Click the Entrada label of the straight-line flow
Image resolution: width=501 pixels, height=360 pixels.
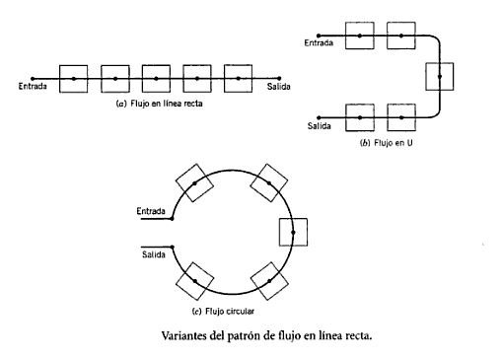pos(33,86)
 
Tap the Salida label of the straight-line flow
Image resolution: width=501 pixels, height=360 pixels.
pos(278,87)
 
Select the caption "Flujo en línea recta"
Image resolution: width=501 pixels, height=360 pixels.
pos(167,104)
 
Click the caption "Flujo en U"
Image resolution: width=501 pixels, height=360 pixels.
pos(394,143)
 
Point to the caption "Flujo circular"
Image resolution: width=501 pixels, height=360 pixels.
pos(230,311)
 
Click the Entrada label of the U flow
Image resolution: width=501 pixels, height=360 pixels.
pos(319,42)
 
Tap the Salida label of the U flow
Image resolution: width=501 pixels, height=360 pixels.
pos(319,126)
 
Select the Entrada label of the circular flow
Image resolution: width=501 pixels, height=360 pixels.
pos(151,211)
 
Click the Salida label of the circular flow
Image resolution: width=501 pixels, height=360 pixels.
pos(154,254)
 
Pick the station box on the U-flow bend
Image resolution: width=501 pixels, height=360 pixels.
pos(440,77)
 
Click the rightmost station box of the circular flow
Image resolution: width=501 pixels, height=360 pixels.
pos(293,232)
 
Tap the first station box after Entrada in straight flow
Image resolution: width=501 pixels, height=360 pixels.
pos(74,79)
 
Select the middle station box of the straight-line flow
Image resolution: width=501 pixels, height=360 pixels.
pos(156,79)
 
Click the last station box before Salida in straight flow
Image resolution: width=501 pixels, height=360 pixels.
pos(239,79)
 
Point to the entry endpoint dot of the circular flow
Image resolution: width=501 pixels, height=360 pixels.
pos(172,219)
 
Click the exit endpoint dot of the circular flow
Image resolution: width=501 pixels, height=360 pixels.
pos(173,247)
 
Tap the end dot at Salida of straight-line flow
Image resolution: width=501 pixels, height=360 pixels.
pos(279,78)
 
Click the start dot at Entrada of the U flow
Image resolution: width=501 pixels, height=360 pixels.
pos(319,36)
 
